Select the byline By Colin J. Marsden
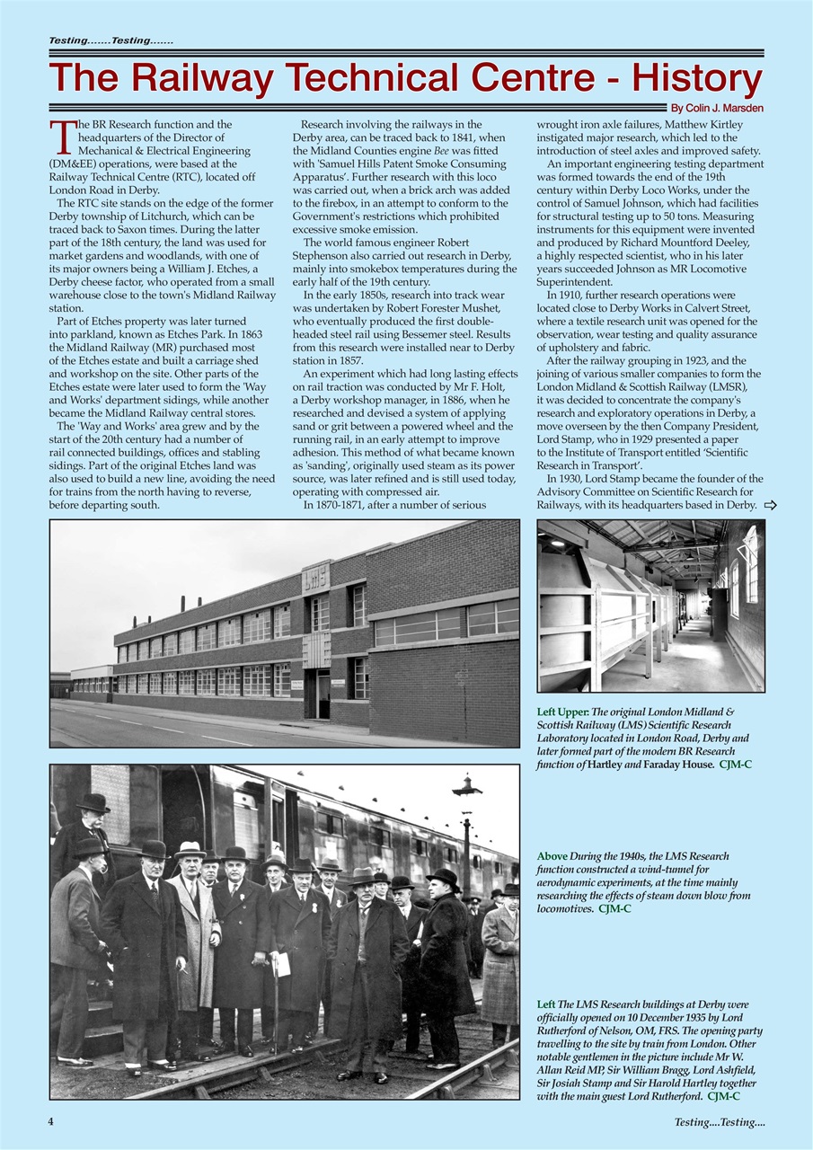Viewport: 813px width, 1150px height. [717, 109]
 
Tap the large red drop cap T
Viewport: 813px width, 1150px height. [60, 137]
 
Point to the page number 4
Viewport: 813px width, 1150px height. [51, 1121]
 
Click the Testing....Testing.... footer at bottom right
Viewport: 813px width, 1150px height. [719, 1121]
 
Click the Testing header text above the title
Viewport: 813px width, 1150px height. [110, 41]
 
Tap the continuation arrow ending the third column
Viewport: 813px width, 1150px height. [770, 505]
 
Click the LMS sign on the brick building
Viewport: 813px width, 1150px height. [315, 577]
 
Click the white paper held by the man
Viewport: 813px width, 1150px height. [281, 963]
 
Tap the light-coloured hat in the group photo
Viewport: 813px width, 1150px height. [190, 848]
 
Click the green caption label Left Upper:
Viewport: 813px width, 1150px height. [562, 712]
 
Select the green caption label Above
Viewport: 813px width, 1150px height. [552, 856]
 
